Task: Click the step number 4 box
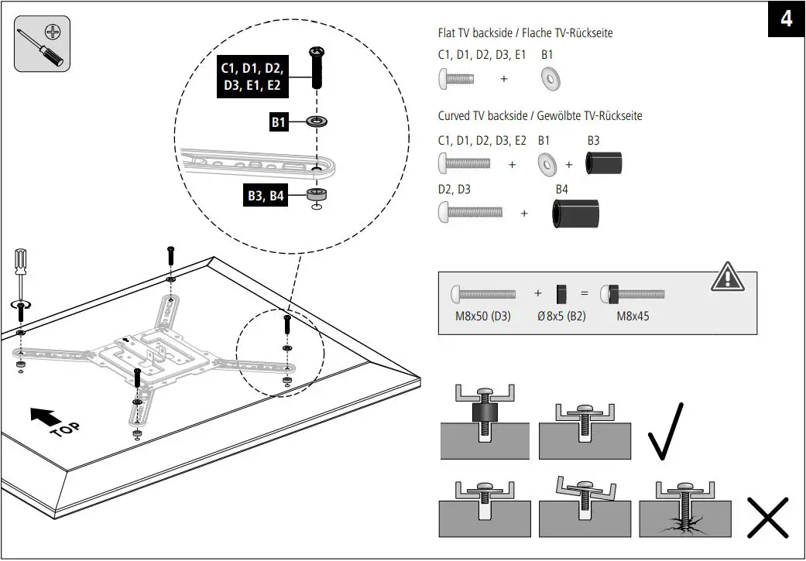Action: (x=786, y=19)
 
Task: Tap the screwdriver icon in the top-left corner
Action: (x=42, y=43)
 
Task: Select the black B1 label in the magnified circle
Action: (x=278, y=121)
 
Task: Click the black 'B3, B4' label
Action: (x=266, y=196)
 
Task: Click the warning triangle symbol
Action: (x=728, y=277)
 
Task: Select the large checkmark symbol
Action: (x=667, y=430)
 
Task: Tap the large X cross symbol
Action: (x=767, y=517)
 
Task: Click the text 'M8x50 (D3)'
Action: (x=482, y=317)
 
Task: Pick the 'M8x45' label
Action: (x=633, y=317)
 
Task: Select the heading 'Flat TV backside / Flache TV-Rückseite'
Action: (x=525, y=33)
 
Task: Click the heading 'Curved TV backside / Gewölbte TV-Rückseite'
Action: (x=540, y=116)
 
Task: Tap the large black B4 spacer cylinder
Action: (x=574, y=213)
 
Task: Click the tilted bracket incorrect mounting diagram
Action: (x=585, y=508)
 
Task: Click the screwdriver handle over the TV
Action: (x=21, y=264)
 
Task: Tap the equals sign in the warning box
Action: (x=585, y=294)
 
